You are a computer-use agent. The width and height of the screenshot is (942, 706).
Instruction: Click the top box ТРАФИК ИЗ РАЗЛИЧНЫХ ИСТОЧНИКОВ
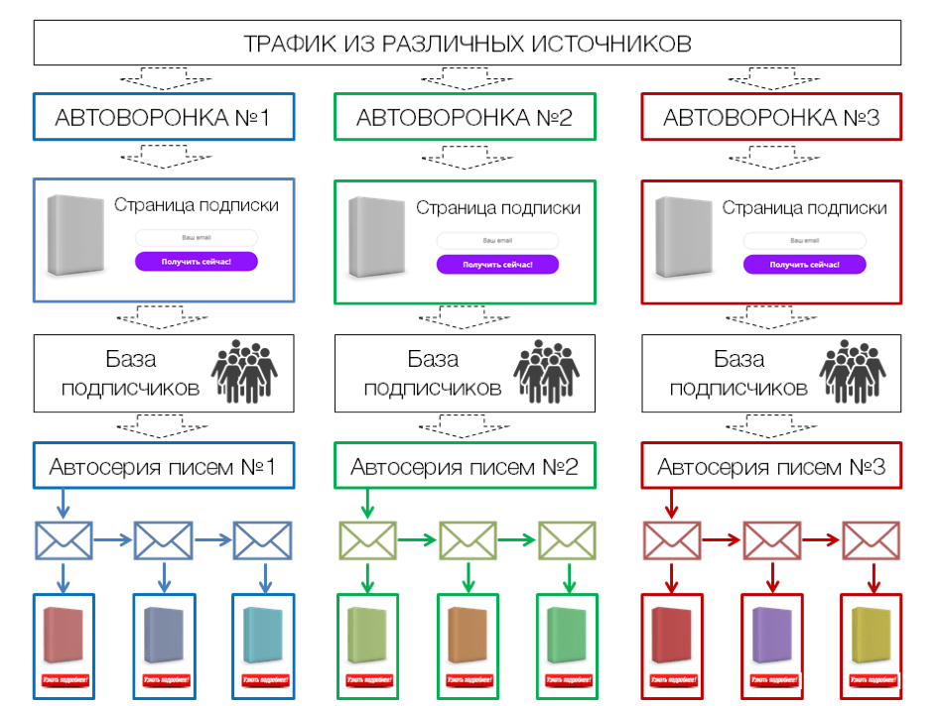coord(468,44)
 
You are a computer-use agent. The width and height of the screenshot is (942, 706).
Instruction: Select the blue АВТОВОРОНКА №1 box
coord(163,118)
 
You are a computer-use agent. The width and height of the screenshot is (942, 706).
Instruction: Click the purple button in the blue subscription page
coord(197,261)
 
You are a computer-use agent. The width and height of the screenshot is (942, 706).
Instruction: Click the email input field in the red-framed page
coord(804,241)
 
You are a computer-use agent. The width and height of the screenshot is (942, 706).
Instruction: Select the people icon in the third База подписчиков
coord(853,373)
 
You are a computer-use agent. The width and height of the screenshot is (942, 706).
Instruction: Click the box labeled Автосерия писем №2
coord(465,466)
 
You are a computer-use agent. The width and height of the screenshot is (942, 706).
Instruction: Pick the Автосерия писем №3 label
coord(770,466)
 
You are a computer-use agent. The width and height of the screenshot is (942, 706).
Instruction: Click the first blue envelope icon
coord(65,540)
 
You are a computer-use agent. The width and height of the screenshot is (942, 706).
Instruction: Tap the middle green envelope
coord(468,540)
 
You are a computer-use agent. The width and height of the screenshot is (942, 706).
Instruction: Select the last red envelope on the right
coord(872,540)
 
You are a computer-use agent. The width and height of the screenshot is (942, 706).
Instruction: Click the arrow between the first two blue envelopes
coord(114,540)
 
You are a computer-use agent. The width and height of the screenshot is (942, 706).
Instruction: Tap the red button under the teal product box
coord(263,680)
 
